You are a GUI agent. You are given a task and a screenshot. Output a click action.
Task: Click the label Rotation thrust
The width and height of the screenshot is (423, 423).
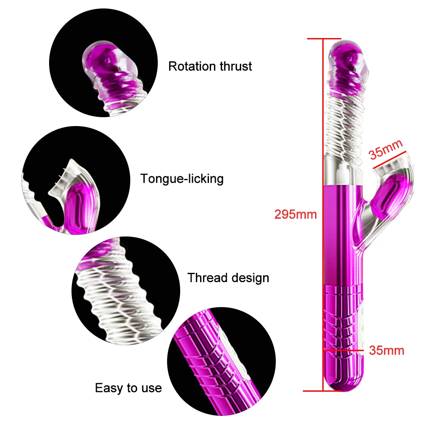(x=210, y=66)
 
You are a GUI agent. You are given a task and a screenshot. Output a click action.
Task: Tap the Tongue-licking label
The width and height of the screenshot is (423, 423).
(x=182, y=179)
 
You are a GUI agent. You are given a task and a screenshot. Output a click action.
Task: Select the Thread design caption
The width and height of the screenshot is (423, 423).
(x=228, y=278)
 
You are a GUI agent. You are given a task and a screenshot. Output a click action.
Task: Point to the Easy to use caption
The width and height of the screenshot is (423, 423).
(x=128, y=388)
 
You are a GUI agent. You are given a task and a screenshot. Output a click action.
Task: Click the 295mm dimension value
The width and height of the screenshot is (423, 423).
(x=295, y=214)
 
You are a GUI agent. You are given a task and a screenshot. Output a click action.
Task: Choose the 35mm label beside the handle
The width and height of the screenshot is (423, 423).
(x=387, y=351)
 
